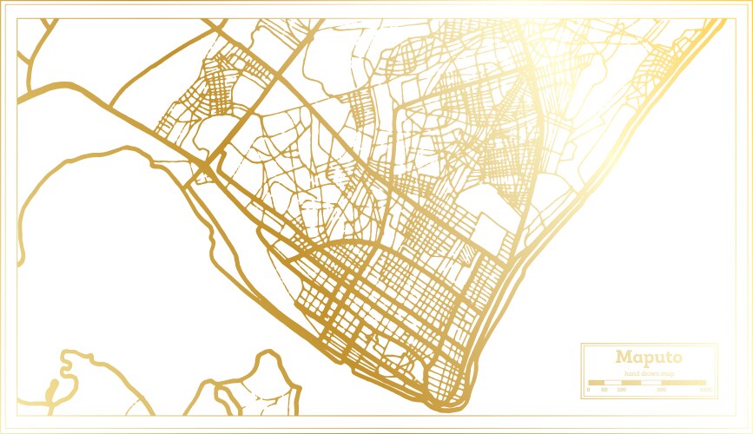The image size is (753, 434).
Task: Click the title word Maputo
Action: pos(649,358)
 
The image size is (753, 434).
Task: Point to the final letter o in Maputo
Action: pos(676,358)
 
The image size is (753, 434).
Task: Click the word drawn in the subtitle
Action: pos(650,373)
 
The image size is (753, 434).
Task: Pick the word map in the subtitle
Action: pos(669,373)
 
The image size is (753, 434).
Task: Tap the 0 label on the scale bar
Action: pos(589,390)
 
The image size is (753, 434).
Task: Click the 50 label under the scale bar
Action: pos(604,390)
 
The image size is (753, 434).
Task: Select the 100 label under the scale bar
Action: pos(621,390)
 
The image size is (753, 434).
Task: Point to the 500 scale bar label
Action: pos(662,390)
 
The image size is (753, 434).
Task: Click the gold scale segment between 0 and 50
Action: pos(597,382)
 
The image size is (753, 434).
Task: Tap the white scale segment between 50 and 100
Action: pos(612,382)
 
